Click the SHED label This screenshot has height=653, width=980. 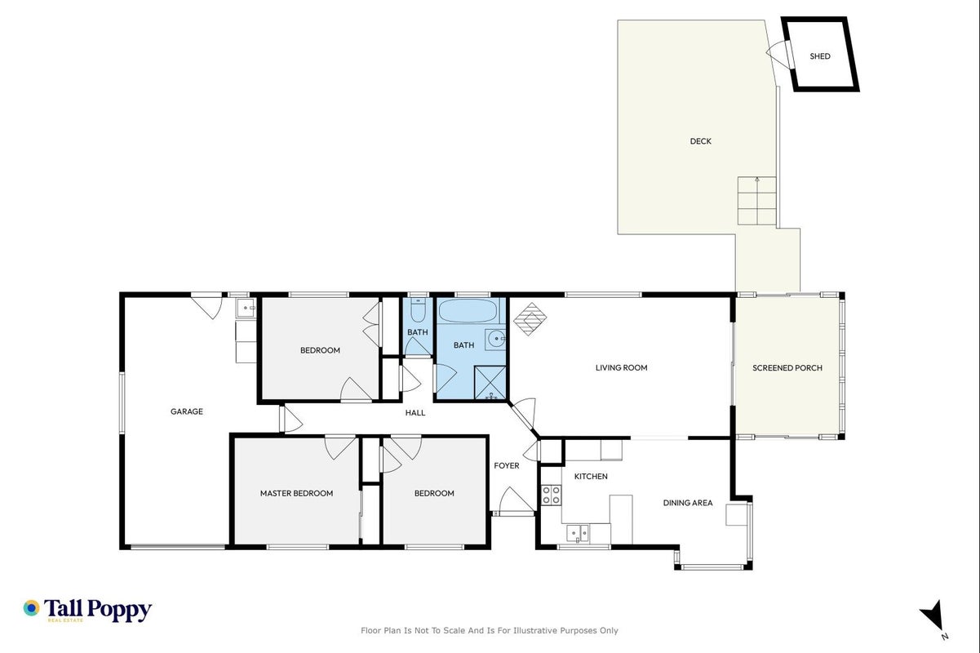(x=820, y=56)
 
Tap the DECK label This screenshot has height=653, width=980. (x=700, y=141)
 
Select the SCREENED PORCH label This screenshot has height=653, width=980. (x=787, y=368)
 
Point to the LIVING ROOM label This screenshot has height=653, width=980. (x=621, y=367)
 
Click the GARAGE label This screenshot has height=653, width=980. (x=187, y=411)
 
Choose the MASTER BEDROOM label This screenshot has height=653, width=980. (x=297, y=493)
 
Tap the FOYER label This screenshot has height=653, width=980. (x=507, y=466)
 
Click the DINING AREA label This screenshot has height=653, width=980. (x=688, y=503)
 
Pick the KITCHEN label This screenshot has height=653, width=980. (x=591, y=476)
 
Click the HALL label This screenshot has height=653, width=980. (x=415, y=413)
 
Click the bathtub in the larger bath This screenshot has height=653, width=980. (x=468, y=311)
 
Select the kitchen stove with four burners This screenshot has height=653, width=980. (x=552, y=495)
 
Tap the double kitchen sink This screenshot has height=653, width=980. (x=578, y=533)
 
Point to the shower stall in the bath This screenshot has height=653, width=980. (x=490, y=383)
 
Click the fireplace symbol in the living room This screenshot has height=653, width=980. (x=530, y=319)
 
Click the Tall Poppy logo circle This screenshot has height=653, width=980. (x=31, y=608)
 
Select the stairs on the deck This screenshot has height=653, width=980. (x=757, y=201)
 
